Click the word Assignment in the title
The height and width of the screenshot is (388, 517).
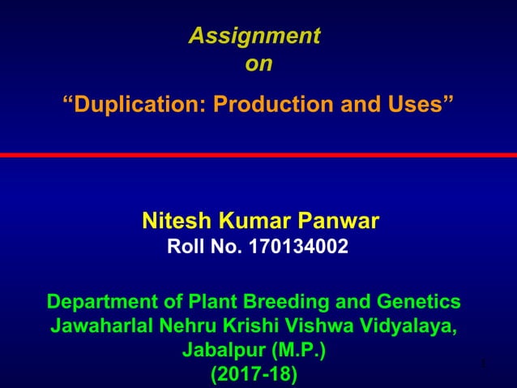[x=254, y=37]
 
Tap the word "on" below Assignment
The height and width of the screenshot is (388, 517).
[x=258, y=64]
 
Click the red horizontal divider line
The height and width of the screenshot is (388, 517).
[x=258, y=154]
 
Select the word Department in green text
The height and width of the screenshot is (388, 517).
[x=99, y=303]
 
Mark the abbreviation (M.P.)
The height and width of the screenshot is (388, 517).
[x=300, y=351]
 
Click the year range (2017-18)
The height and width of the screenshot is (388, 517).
[x=254, y=376]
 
